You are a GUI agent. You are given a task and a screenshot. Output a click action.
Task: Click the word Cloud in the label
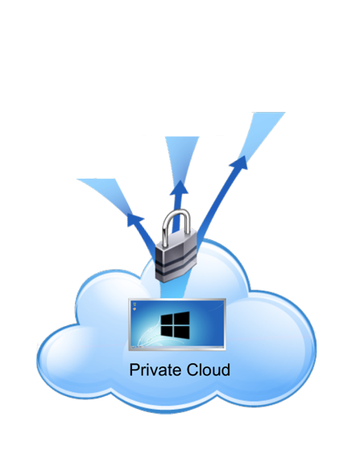tap(209, 369)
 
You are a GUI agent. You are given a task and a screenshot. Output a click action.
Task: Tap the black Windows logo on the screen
tap(175, 325)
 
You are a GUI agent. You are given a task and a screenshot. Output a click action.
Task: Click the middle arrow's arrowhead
tap(180, 188)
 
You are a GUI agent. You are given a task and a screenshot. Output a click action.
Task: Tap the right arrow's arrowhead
tap(240, 162)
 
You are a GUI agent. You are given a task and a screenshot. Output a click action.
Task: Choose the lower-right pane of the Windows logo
tap(182, 332)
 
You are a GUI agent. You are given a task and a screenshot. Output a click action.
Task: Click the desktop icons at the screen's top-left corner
tap(134, 306)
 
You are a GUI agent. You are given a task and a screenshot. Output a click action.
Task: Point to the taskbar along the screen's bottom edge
tap(177, 347)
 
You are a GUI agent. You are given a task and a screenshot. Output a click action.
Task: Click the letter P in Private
tap(134, 369)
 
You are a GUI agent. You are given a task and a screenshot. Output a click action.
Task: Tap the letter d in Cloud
tap(226, 369)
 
